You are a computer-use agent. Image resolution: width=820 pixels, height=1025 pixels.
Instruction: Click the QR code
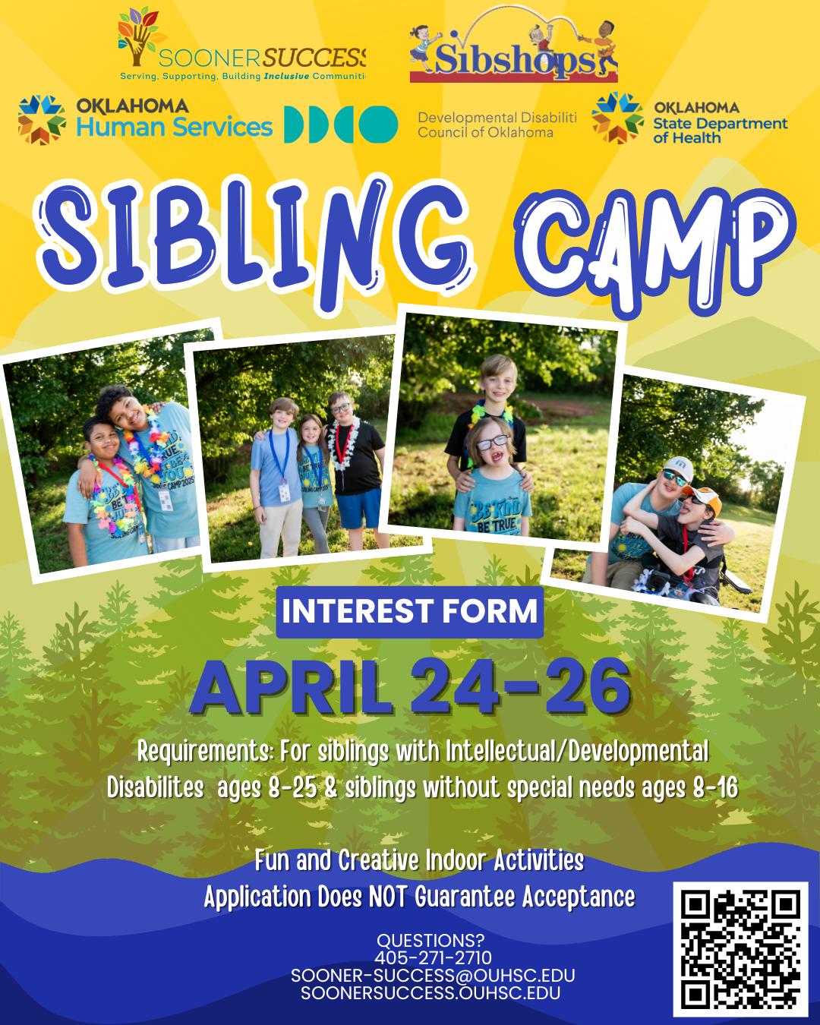(740, 949)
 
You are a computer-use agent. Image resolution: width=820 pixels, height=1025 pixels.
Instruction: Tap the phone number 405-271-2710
(433, 957)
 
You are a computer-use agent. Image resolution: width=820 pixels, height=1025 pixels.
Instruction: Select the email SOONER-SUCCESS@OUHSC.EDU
(433, 976)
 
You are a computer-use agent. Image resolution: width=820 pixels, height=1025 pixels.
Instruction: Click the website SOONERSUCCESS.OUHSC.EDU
(430, 993)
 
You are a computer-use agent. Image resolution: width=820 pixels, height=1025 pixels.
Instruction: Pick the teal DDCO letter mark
(341, 125)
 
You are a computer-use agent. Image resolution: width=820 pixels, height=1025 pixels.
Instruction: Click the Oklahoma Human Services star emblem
(42, 119)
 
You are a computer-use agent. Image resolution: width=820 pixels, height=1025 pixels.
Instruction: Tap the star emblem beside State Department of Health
(618, 118)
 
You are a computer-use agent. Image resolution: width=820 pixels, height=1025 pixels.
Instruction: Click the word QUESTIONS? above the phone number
(430, 941)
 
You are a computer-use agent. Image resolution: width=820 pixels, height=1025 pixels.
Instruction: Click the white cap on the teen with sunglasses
(678, 466)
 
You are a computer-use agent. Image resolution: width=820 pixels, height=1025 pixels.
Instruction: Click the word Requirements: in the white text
(205, 752)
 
